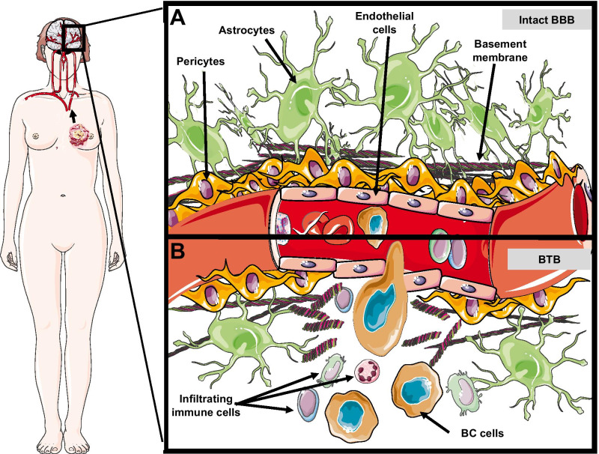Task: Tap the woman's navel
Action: (65, 196)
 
